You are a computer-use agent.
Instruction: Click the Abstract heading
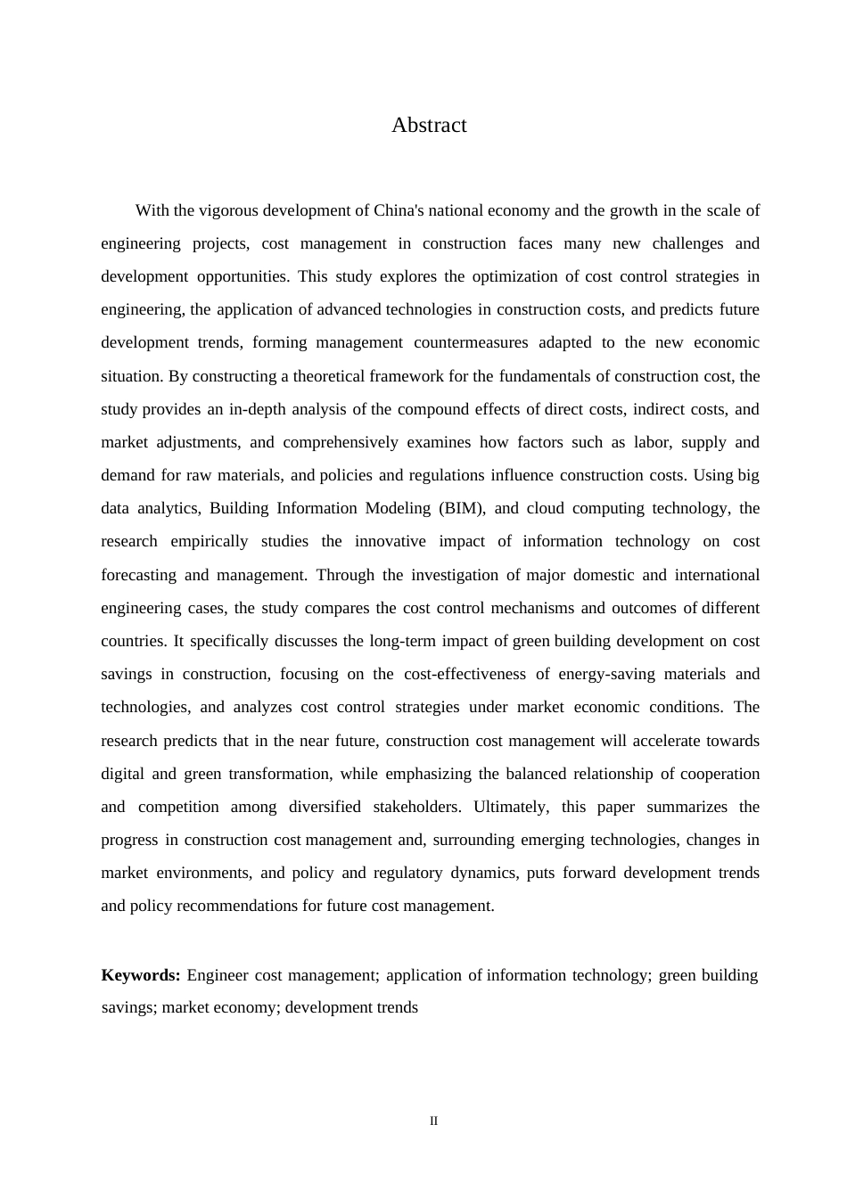[429, 126]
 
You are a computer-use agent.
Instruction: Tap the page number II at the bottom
[433, 1121]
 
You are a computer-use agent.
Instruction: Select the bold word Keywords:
[141, 975]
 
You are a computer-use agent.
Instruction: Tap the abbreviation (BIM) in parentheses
[461, 508]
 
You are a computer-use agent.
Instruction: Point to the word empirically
[210, 542]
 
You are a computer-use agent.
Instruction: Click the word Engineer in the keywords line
[218, 975]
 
